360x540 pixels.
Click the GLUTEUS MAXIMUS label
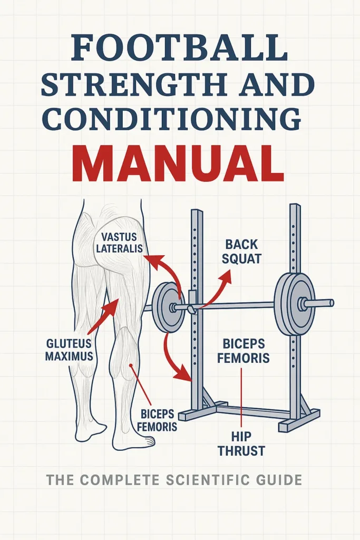coord(69,349)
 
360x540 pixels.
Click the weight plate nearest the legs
coord(167,306)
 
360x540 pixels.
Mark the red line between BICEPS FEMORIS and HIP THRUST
coord(241,396)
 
